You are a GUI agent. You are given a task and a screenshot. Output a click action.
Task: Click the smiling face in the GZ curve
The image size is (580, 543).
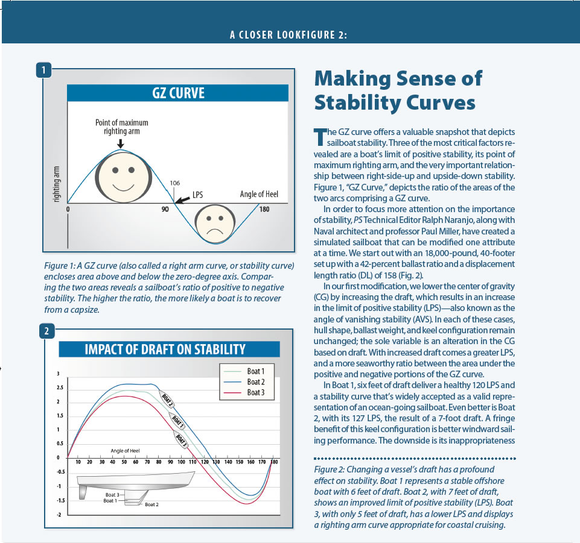pyautogui.click(x=123, y=177)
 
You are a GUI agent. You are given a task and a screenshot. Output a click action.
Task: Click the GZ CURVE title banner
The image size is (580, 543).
pyautogui.click(x=177, y=93)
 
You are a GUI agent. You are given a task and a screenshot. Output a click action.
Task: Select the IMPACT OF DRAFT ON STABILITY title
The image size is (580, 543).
pyautogui.click(x=165, y=349)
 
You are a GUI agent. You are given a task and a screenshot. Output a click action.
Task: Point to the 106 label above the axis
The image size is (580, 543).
pyautogui.click(x=175, y=183)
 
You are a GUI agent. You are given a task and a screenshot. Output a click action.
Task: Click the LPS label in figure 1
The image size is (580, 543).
pyautogui.click(x=197, y=195)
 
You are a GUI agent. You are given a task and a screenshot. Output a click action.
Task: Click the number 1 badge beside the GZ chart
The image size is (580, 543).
pyautogui.click(x=43, y=70)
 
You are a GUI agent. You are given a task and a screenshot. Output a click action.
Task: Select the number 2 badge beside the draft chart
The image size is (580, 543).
pyautogui.click(x=46, y=331)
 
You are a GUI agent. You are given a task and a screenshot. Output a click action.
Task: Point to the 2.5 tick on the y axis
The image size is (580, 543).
pyautogui.click(x=60, y=388)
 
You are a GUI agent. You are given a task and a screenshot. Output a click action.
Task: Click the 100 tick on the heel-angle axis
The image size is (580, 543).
pyautogui.click(x=181, y=462)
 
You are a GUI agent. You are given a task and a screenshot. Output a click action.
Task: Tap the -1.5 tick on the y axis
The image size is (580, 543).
pyautogui.click(x=60, y=501)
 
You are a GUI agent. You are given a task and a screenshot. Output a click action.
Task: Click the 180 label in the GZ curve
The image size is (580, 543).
pyautogui.click(x=264, y=210)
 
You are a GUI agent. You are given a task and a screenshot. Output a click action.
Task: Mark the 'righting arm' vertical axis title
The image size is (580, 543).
pyautogui.click(x=56, y=184)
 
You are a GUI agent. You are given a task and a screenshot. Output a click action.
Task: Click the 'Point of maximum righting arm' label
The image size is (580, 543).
pyautogui.click(x=122, y=127)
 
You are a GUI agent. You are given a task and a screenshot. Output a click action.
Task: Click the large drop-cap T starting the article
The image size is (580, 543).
pyautogui.click(x=320, y=137)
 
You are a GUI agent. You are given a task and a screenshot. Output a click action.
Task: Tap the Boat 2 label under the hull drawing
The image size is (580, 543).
pyautogui.click(x=151, y=504)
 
